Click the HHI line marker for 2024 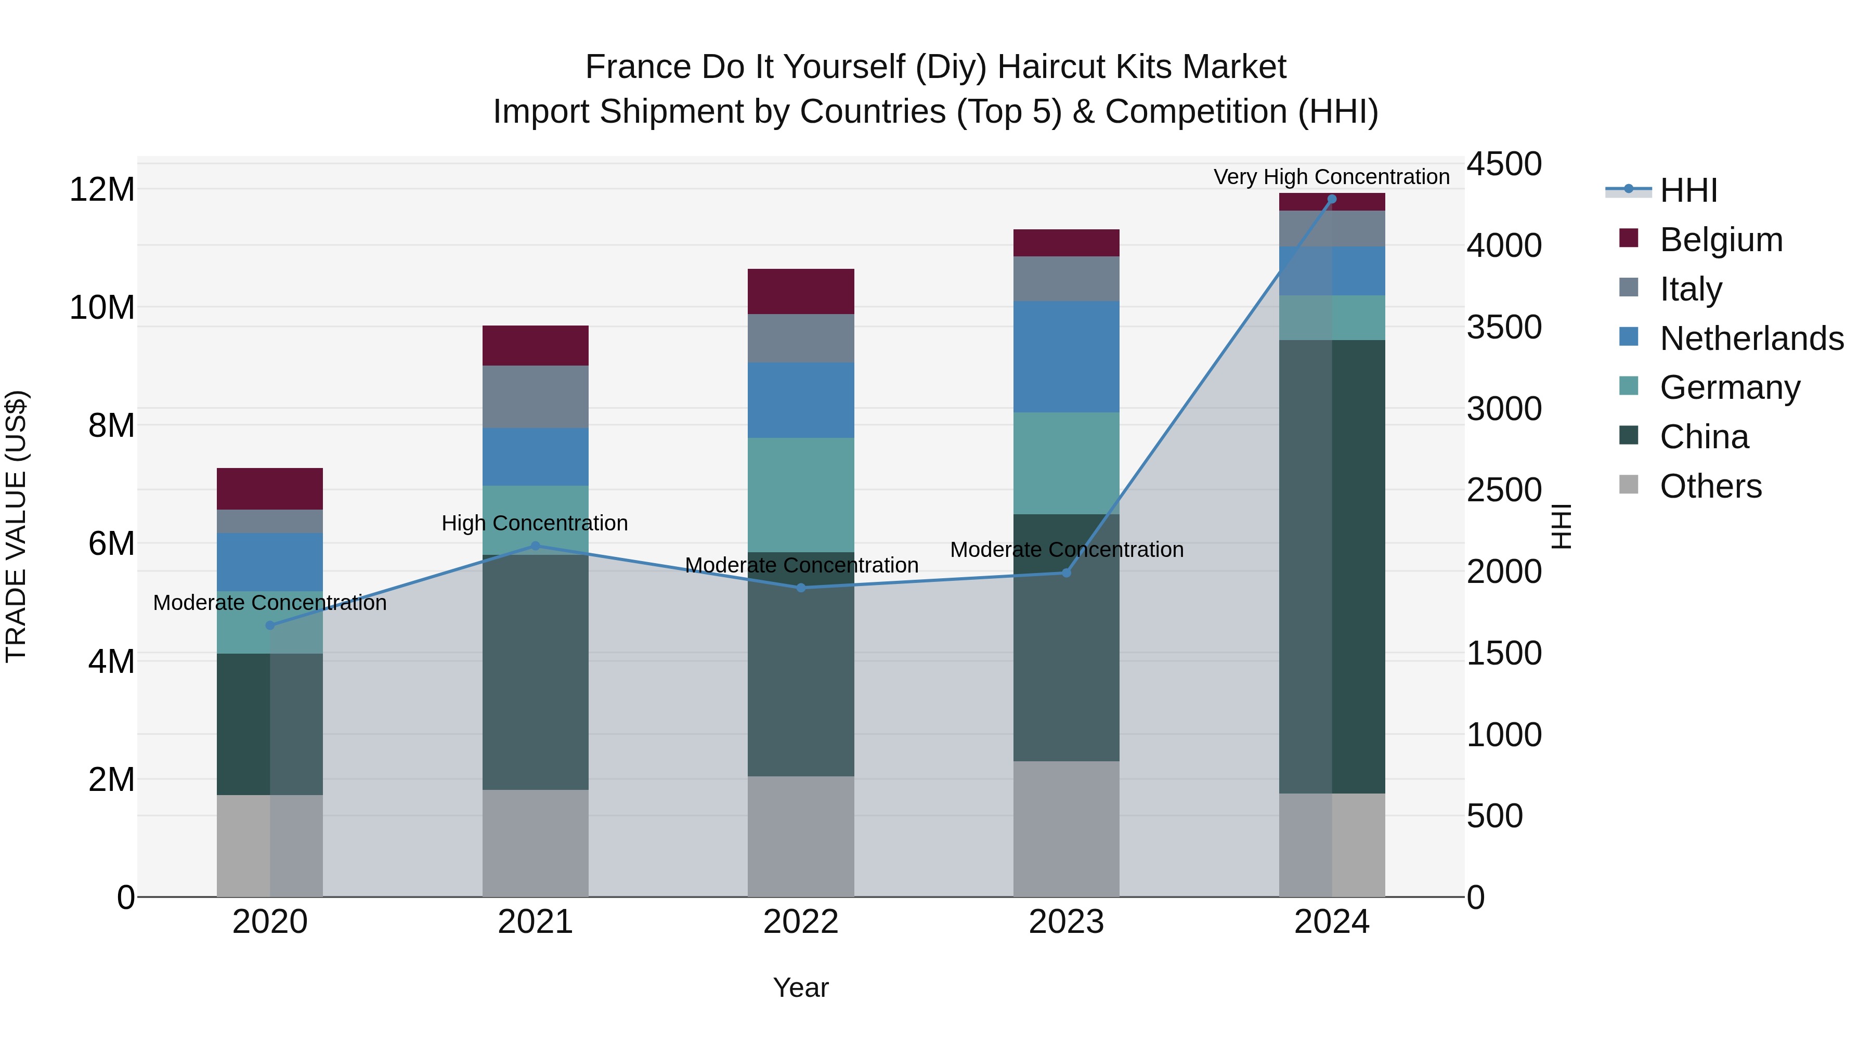point(1331,199)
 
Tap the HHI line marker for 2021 point(536,546)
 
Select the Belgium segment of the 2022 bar point(801,291)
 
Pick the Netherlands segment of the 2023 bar point(1066,357)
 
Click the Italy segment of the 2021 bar point(536,397)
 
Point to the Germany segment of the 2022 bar point(801,495)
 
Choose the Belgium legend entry point(1721,240)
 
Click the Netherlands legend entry point(1751,339)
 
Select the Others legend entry point(1711,486)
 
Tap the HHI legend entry point(1688,190)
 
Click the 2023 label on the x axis point(1066,922)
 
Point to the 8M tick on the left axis point(111,426)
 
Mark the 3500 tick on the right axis point(1503,327)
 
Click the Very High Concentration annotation point(1331,177)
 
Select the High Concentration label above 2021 point(535,523)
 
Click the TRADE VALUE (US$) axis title point(16,526)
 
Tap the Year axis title point(801,987)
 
